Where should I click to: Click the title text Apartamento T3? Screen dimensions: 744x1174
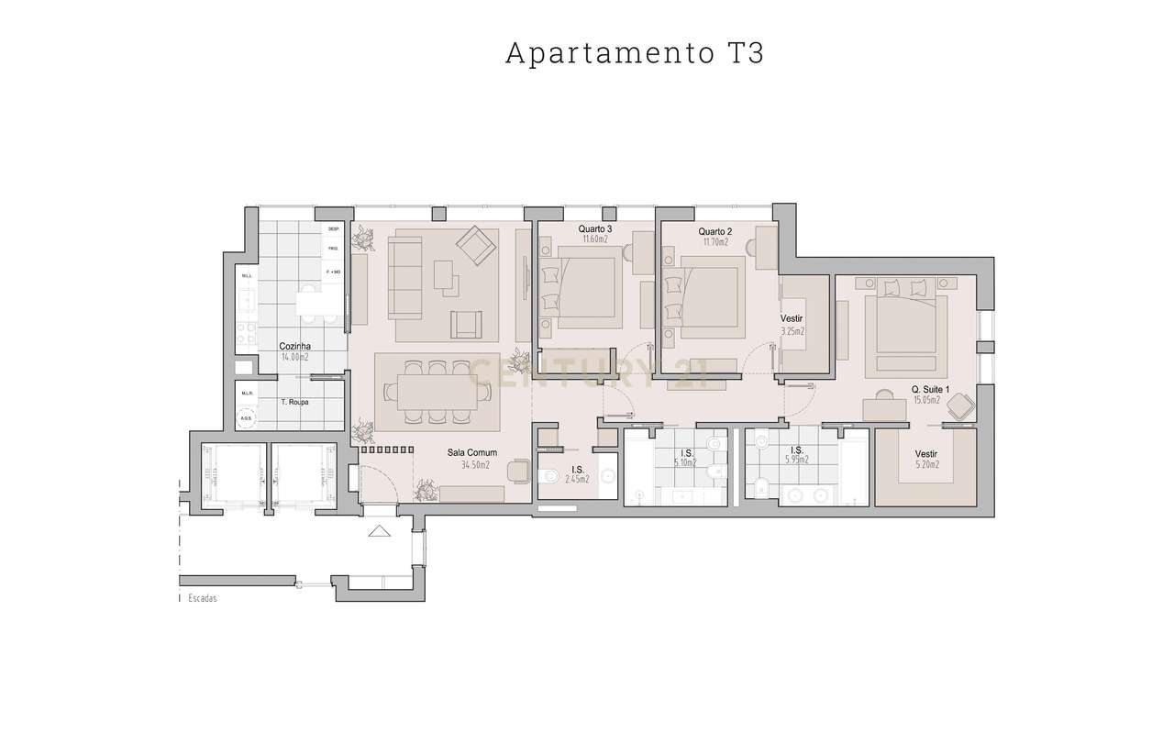[634, 53]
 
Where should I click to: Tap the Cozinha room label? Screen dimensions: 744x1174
[295, 346]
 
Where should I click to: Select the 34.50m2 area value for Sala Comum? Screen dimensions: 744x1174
[475, 465]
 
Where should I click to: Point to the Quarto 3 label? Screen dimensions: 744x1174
[595, 228]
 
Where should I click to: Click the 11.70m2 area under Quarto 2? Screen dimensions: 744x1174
[715, 241]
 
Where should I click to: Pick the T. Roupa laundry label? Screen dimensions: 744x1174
[294, 402]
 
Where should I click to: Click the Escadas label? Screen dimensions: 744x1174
[202, 597]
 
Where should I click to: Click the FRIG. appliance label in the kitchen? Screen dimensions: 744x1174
[333, 249]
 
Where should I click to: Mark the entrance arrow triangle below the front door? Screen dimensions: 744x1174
[378, 531]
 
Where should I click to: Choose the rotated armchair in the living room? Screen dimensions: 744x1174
[474, 245]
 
